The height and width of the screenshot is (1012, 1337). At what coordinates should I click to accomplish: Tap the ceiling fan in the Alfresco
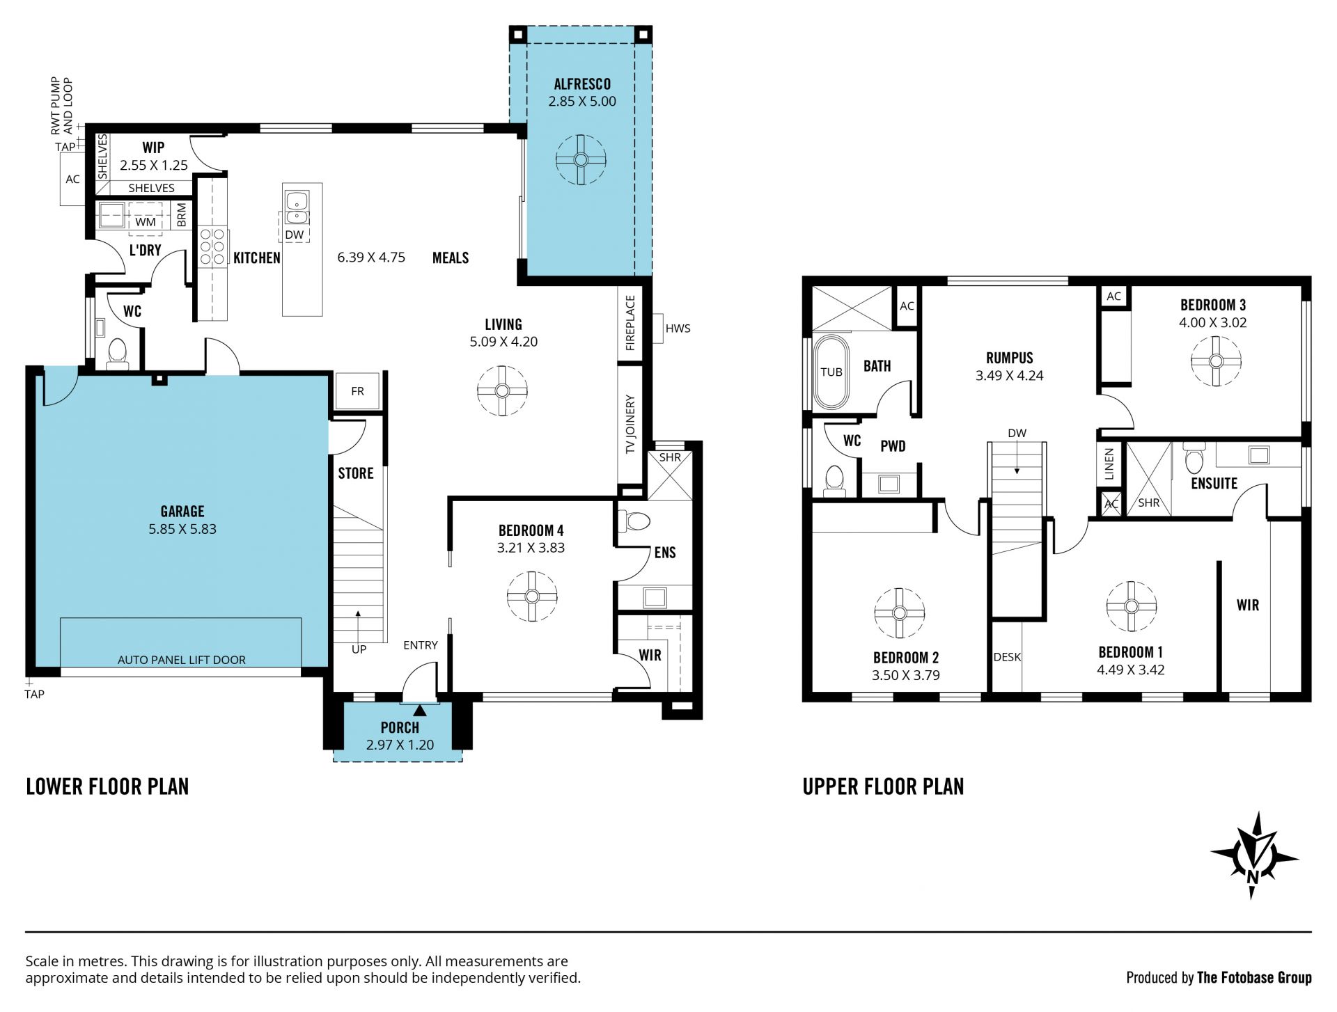[x=581, y=159]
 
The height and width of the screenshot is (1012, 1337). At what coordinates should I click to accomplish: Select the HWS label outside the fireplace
[x=678, y=329]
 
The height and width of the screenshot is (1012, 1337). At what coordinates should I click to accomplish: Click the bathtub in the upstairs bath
[x=831, y=372]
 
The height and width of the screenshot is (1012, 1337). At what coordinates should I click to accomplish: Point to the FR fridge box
[x=357, y=391]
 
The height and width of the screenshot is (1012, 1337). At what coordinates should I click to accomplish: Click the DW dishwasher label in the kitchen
[x=295, y=235]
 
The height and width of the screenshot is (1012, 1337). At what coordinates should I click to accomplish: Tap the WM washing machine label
[x=146, y=222]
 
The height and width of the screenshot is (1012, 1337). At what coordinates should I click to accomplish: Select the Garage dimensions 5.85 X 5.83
[x=182, y=529]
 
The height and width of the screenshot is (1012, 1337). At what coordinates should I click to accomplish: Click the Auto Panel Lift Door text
[x=182, y=660]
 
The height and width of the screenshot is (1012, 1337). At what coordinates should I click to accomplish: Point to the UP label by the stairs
[x=359, y=649]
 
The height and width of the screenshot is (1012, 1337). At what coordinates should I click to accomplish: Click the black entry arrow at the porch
[x=420, y=710]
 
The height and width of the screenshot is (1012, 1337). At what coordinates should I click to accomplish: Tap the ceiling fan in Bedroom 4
[x=532, y=596]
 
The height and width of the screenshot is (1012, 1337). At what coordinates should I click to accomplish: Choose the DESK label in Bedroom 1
[x=1007, y=657]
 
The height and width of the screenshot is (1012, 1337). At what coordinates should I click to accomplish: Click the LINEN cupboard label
[x=1109, y=464]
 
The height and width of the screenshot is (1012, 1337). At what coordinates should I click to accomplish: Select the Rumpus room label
[x=1010, y=358]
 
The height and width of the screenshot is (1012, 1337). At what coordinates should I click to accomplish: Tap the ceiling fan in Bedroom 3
[x=1216, y=361]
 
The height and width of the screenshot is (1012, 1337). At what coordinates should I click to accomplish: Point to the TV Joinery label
[x=630, y=425]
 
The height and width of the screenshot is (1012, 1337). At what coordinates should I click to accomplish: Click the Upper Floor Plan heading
[x=883, y=786]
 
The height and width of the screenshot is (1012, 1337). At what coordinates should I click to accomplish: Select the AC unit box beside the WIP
[x=72, y=180]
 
